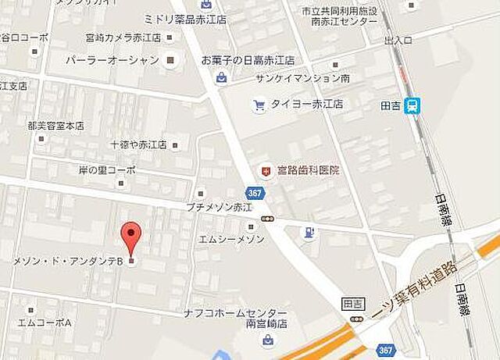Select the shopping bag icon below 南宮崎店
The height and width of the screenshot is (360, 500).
tap(268, 340)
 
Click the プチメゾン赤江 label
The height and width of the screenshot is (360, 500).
tap(219, 207)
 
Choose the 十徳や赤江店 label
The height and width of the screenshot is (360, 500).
tap(139, 144)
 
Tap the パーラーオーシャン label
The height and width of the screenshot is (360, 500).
tap(112, 60)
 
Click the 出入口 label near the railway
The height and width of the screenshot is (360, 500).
tap(398, 39)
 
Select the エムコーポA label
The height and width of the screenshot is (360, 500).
tap(45, 322)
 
